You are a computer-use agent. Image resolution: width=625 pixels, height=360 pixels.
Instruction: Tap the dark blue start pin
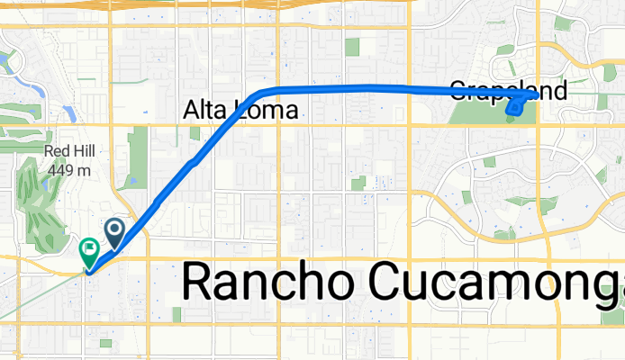[115, 231]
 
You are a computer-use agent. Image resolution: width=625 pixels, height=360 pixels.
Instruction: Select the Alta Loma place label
[240, 110]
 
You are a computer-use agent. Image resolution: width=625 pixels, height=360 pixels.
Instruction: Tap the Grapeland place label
[508, 90]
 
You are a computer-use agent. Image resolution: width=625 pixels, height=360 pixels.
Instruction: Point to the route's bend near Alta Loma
[257, 93]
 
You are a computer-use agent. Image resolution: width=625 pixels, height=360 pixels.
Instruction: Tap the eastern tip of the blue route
[537, 94]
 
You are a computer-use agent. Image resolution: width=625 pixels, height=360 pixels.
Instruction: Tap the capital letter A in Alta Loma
[191, 110]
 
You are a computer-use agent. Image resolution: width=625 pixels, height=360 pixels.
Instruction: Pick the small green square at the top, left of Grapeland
[352, 47]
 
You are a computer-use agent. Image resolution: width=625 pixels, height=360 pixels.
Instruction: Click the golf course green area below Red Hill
[36, 202]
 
